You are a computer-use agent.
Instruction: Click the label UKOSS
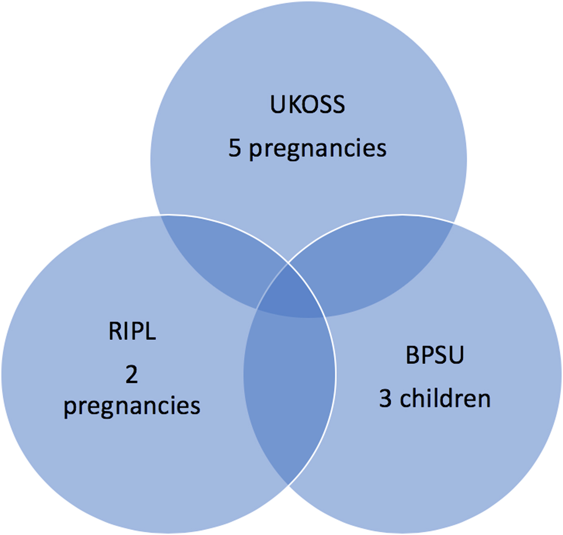tap(307, 105)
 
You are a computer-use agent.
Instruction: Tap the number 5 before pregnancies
tap(235, 148)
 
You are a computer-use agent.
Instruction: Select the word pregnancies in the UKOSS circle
tap(318, 149)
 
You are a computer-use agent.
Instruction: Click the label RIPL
tap(132, 331)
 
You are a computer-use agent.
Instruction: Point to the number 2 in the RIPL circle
tap(132, 374)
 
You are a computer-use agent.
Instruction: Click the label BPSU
tap(435, 355)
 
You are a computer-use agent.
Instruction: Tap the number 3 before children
tap(385, 399)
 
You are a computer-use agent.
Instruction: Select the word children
tap(445, 399)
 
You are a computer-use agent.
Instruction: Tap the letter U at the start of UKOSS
tap(277, 105)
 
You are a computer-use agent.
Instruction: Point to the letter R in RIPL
tap(115, 331)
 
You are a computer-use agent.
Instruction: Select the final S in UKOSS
tap(338, 105)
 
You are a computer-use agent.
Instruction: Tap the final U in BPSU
tap(457, 355)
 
